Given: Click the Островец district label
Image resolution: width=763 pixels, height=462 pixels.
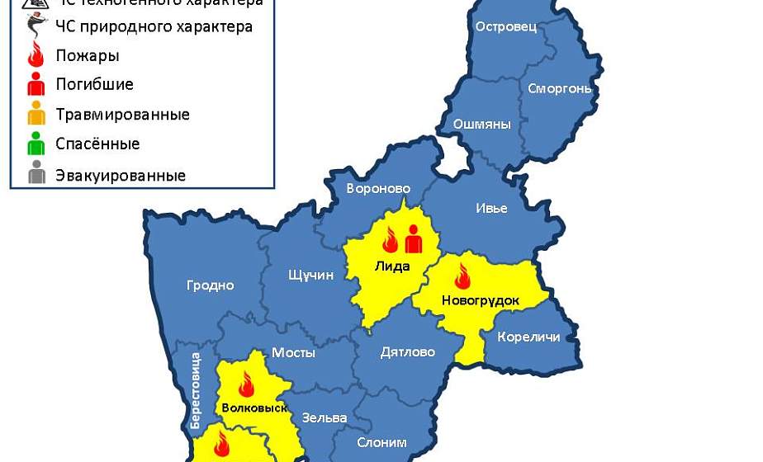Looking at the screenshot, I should tap(506, 26).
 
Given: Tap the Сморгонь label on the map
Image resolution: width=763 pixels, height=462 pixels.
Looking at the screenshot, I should tap(559, 88).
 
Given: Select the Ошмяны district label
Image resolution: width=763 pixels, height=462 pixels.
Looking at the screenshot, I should tap(481, 125).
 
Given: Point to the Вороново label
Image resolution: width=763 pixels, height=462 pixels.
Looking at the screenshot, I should tap(378, 188).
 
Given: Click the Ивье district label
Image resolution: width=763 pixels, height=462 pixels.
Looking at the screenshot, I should tap(491, 209).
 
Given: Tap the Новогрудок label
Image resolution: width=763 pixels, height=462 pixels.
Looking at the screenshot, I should tap(481, 300).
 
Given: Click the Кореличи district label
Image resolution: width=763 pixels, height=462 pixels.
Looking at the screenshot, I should tap(528, 337).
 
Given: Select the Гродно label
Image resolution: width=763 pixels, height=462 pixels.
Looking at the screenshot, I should tap(210, 285).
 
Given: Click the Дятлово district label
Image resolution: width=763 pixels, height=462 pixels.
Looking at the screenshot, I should tap(407, 352).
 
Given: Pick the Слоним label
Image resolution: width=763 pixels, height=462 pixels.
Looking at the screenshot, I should tap(381, 443).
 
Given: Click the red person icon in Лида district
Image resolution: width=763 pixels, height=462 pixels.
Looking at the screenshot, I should tap(413, 239).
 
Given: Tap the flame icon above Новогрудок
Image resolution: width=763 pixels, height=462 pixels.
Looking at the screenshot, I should tap(462, 276).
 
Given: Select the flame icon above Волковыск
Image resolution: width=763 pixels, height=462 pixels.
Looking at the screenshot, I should tap(245, 384).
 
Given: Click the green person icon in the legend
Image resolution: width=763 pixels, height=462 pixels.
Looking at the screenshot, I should tap(36, 144).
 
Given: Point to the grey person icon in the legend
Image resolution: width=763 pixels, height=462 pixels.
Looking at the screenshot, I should tap(36, 174).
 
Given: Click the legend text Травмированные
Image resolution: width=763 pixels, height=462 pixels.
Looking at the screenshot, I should tap(122, 115).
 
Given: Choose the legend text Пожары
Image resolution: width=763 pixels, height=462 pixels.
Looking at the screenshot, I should tap(88, 56).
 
